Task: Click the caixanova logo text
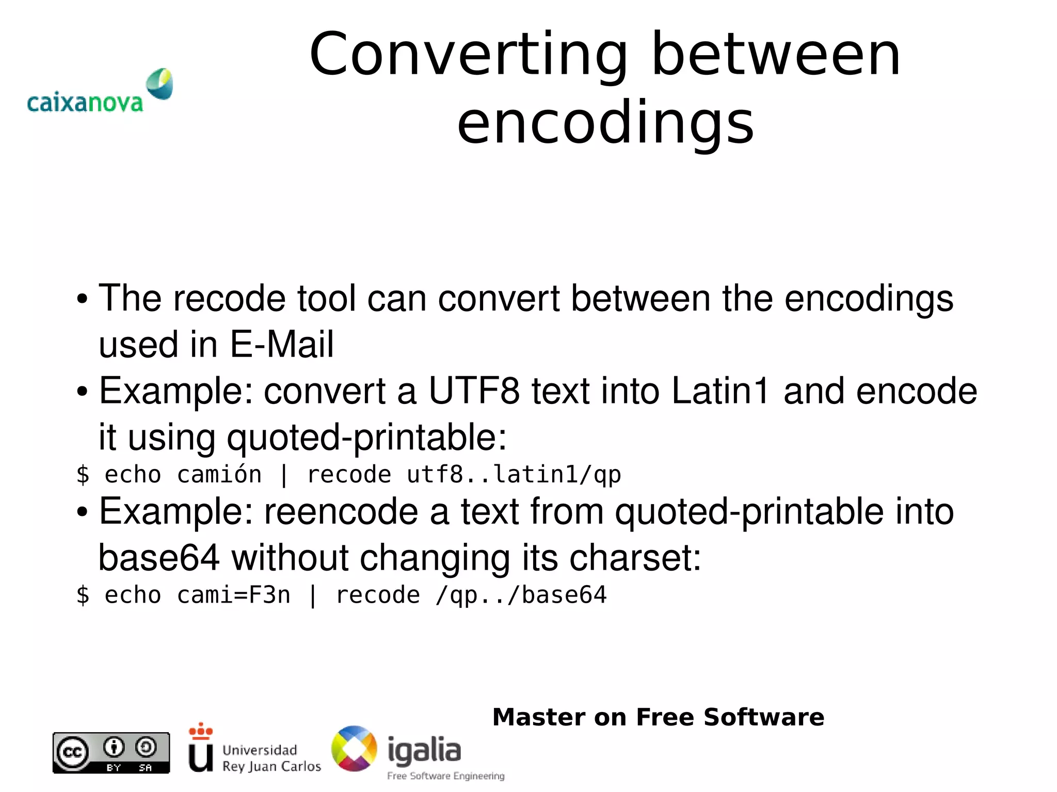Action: point(85,103)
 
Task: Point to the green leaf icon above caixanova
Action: point(159,83)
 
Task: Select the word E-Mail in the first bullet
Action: point(281,344)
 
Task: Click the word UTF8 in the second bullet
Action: point(474,391)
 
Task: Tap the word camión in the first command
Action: point(219,474)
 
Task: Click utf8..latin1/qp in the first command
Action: point(514,474)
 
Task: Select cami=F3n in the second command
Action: point(234,595)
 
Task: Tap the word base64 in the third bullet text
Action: point(159,558)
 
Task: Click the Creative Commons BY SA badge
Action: point(111,753)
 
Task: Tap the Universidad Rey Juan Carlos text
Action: point(271,758)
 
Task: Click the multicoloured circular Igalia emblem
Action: point(354,749)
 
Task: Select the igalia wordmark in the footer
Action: point(424,750)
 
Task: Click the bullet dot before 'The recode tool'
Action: point(82,299)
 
